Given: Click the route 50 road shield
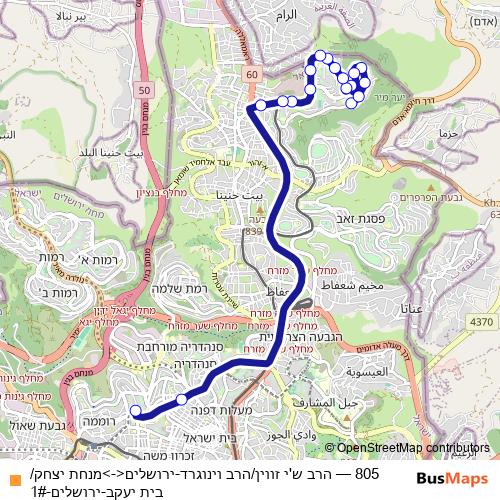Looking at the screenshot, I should point(145,91).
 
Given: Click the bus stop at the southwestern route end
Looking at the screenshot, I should point(136,410).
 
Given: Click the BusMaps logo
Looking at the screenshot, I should point(452,479).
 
